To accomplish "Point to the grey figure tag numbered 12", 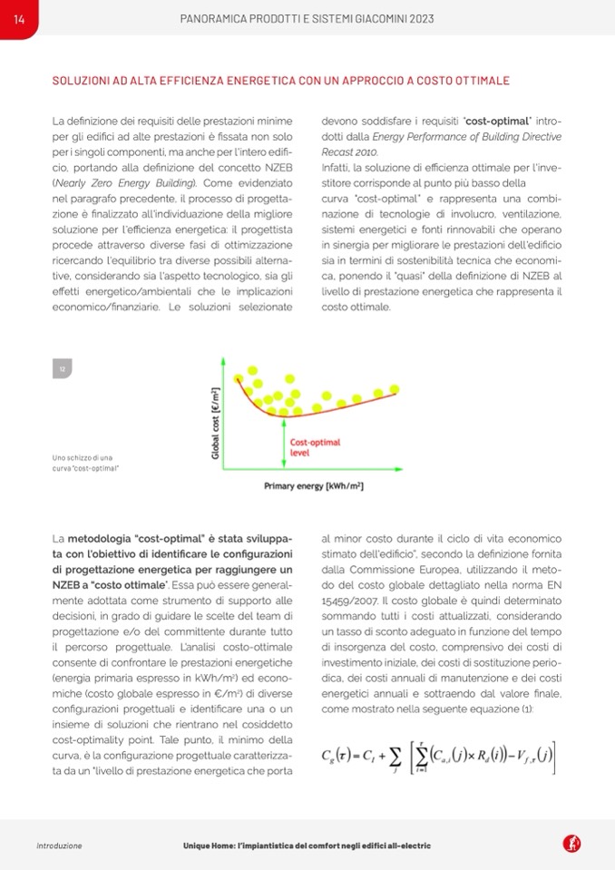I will tap(62, 368).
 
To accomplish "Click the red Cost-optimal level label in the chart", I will tap(315, 447).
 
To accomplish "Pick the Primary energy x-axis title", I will tap(313, 486).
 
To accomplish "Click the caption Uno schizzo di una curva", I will tap(87, 463).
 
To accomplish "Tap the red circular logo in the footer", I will tap(572, 845).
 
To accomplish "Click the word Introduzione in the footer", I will tap(59, 846).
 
